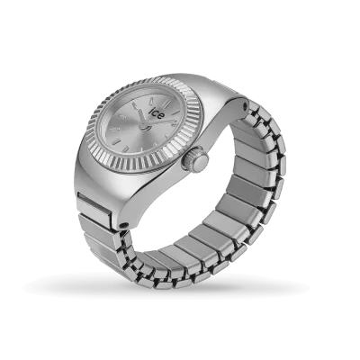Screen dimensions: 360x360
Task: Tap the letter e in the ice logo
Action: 161,116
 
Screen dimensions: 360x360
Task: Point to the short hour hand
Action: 141,117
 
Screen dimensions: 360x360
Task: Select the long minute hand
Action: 159,122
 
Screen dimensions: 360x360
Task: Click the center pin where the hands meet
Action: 144,126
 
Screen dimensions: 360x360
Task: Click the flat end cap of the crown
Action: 201,163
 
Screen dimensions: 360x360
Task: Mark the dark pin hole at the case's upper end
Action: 246,105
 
